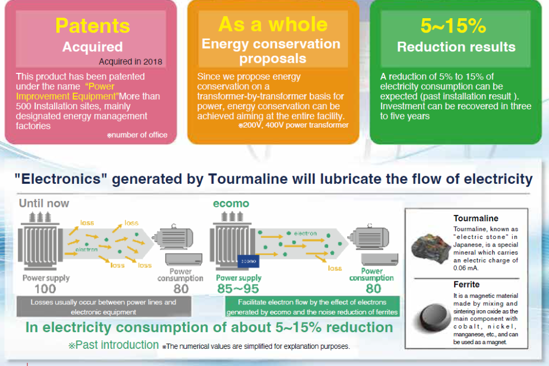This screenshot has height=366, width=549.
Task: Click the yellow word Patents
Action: pos(93,26)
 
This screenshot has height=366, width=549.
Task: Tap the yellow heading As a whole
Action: pos(273,24)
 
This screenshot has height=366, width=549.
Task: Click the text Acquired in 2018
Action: pos(130,61)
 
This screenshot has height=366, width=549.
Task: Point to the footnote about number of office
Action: pos(137,135)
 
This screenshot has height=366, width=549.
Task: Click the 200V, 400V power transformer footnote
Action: pos(294,125)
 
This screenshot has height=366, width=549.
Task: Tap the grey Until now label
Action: pos(45,203)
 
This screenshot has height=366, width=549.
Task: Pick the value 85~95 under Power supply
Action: pos(239,289)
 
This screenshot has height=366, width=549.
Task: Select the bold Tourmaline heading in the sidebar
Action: pos(476,219)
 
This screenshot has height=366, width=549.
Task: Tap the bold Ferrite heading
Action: pos(466,285)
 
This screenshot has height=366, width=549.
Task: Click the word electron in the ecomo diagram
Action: pos(305,234)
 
